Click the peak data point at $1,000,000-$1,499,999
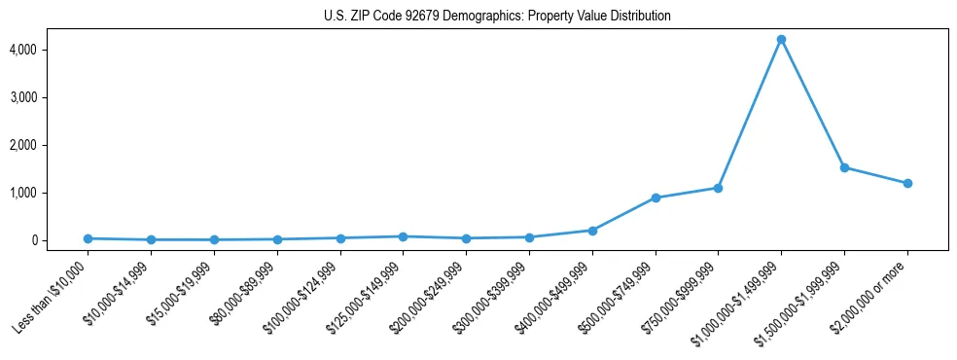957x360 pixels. tap(781, 40)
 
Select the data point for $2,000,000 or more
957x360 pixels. tap(907, 183)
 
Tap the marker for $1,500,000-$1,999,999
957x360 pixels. tap(844, 167)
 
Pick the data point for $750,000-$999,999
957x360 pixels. tap(718, 188)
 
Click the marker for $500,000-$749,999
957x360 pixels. tap(656, 198)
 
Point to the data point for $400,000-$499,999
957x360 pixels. tap(592, 231)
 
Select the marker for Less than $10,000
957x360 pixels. tap(88, 238)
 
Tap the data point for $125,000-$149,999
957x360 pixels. tap(403, 236)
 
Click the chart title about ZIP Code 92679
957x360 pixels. tap(497, 17)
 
